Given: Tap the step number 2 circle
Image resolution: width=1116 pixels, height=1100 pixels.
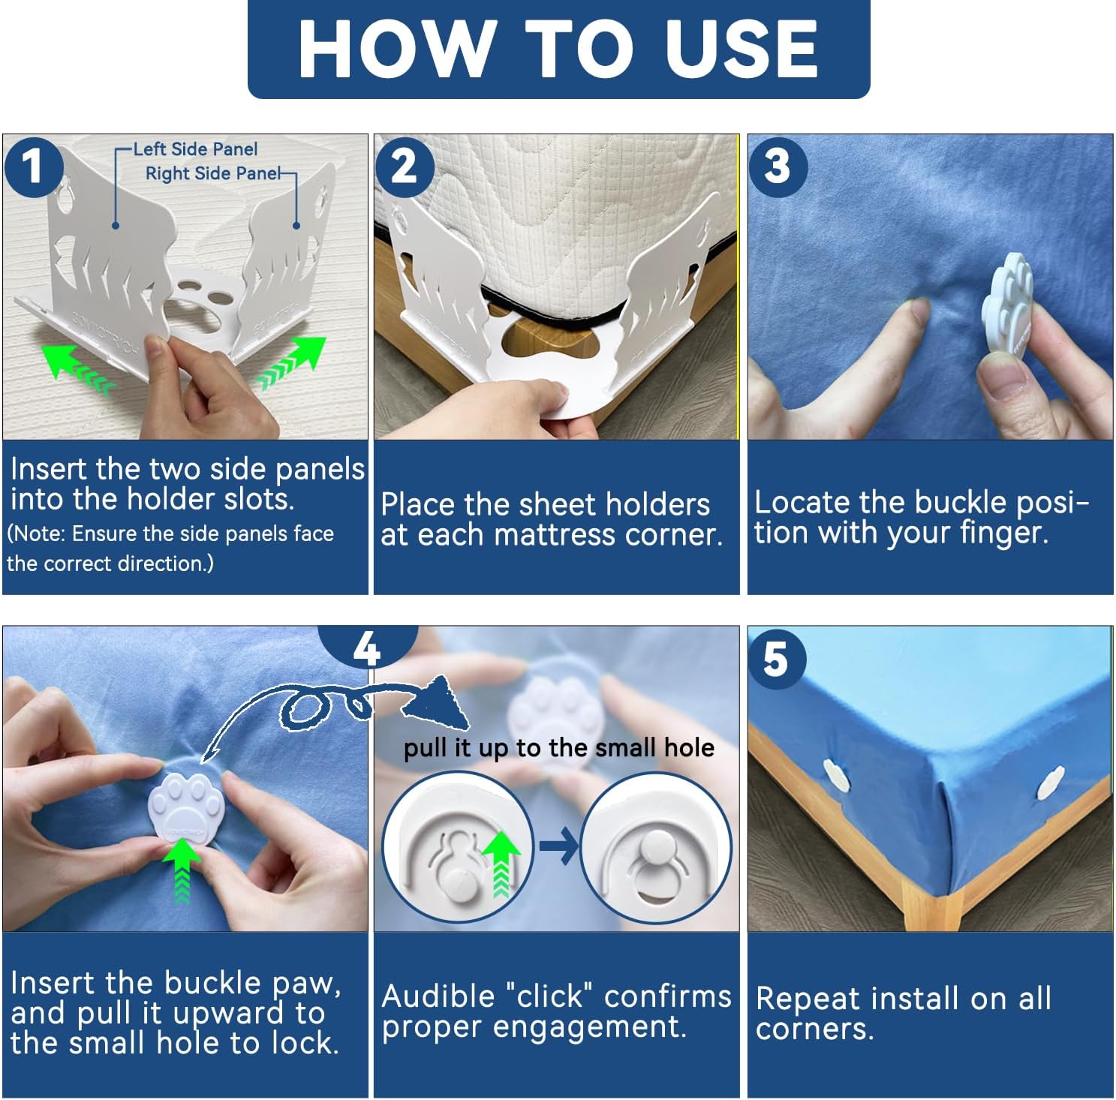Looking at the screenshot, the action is (x=405, y=167).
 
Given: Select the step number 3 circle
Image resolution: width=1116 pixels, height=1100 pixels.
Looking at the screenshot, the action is (x=778, y=167).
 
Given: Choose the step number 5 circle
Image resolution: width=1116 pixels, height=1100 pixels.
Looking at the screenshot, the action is (x=776, y=660).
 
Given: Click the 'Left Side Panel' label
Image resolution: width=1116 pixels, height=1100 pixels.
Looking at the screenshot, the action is (x=195, y=149).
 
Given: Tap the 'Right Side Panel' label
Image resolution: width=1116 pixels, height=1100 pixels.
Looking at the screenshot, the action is (x=213, y=173).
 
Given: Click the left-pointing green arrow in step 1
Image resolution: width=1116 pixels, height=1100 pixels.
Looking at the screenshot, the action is (x=75, y=367).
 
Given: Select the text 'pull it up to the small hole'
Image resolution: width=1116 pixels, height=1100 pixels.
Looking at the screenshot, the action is (x=558, y=747).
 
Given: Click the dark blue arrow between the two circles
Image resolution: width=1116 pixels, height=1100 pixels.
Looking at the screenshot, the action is (x=558, y=846).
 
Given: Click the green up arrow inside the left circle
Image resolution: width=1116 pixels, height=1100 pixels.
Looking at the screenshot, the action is (x=501, y=863).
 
